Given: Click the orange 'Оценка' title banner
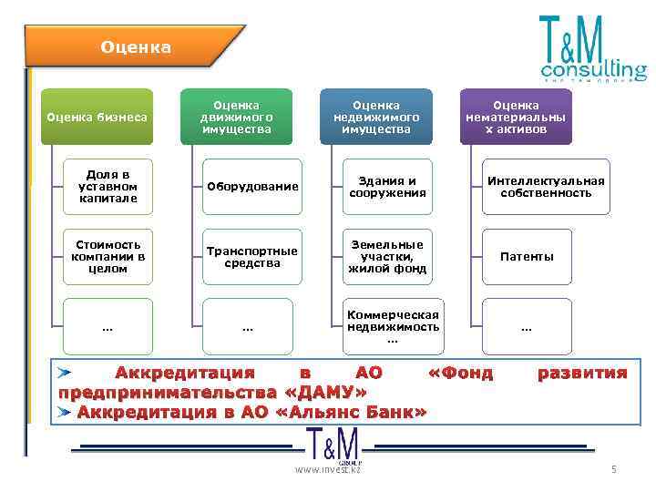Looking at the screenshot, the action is (x=135, y=46).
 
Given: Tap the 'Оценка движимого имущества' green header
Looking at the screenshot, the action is (x=237, y=117).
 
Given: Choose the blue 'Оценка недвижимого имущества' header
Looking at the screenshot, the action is (x=375, y=117).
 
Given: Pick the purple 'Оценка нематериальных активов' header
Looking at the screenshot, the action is (x=516, y=117).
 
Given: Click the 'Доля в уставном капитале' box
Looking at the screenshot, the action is (x=108, y=187).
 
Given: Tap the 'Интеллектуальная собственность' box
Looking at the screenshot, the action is (x=545, y=187).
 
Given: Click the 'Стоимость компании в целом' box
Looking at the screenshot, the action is (x=108, y=257).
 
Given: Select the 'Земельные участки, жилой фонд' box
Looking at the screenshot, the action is (x=386, y=257).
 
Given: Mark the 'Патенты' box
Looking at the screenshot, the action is (x=527, y=257).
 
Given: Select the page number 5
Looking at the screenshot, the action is (x=614, y=469).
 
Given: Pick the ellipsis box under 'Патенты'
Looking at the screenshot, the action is (x=527, y=326).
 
